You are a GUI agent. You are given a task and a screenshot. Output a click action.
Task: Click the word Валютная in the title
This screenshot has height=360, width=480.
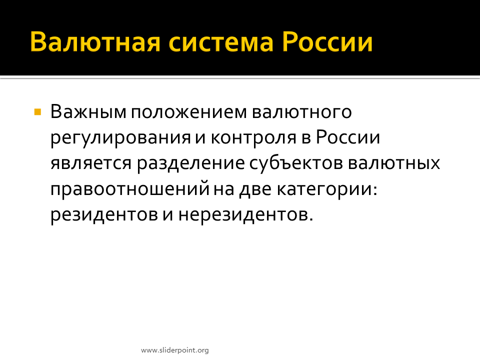click(95, 41)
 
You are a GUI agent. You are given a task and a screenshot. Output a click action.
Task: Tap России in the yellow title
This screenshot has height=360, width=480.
click(327, 41)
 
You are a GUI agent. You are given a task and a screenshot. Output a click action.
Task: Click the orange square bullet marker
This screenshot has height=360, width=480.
click(37, 111)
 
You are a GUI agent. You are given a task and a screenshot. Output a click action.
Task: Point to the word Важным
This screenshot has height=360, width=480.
click(88, 111)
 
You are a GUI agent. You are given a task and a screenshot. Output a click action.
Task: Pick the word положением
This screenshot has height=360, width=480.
click(189, 112)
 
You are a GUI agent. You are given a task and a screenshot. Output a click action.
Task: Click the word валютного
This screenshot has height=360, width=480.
click(302, 111)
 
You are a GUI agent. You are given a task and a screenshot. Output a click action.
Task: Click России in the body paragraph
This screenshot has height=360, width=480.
click(348, 137)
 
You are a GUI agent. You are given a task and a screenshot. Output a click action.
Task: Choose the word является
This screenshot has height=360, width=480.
click(91, 163)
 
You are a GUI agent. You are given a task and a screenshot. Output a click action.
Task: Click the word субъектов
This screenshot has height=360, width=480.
click(296, 164)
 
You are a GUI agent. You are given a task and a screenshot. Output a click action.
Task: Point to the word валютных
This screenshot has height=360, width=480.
click(394, 163)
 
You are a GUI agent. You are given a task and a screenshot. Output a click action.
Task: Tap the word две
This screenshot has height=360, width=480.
click(255, 189)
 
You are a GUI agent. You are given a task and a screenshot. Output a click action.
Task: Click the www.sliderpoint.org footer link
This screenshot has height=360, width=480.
click(175, 350)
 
